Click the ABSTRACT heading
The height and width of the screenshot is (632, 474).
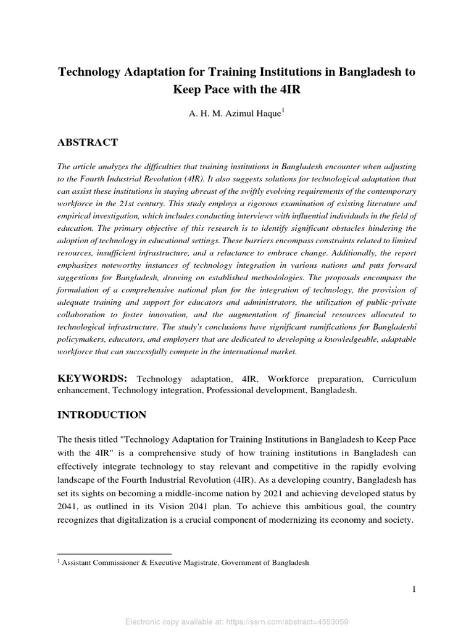click(88, 143)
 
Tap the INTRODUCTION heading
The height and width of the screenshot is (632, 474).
click(102, 415)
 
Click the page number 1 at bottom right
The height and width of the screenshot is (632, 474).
click(414, 589)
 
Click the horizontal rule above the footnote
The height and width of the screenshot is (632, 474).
click(114, 554)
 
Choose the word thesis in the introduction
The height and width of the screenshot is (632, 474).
click(86, 439)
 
